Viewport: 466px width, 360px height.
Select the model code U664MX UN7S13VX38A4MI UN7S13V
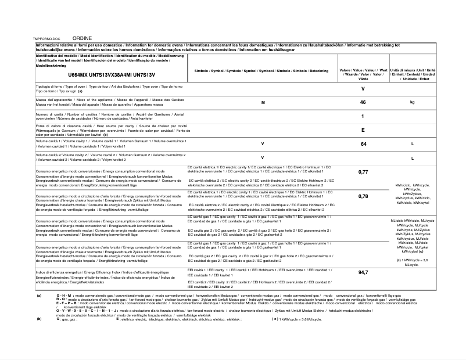112,75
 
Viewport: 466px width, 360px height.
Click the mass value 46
363,102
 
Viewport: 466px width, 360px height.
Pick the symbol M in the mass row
263,102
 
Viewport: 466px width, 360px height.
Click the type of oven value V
363,88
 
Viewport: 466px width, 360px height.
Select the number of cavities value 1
363,116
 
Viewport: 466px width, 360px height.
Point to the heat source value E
363,130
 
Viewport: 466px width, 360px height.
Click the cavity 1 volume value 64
363,143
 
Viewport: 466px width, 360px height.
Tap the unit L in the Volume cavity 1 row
412,143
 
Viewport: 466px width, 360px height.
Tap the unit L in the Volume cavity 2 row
412,158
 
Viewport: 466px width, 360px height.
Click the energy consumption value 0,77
363,172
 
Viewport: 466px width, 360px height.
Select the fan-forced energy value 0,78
363,196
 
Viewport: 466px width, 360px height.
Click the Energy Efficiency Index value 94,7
363,272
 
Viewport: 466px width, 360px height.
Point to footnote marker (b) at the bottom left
39,319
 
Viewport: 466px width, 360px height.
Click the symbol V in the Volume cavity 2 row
263,158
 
